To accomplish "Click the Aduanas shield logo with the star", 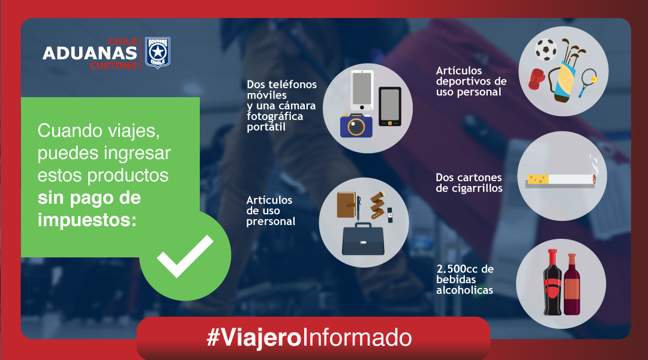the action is coord(157,53).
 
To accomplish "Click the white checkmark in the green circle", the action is coord(185,256).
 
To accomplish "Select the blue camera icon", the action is coord(356,125).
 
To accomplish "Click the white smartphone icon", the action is coord(362,91).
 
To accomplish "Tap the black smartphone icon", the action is coord(390,106).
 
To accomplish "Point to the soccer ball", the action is coord(546,50).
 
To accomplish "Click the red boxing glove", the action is coord(537,79).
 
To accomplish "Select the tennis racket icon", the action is coord(587,82).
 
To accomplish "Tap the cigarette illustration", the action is coord(561,180).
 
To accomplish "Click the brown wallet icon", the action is coord(346,205).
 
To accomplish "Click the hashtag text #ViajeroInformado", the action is coord(309,338).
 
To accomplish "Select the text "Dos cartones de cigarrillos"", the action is coord(469,182).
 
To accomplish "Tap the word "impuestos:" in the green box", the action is coord(87,220).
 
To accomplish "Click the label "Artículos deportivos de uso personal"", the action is coord(471,82).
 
